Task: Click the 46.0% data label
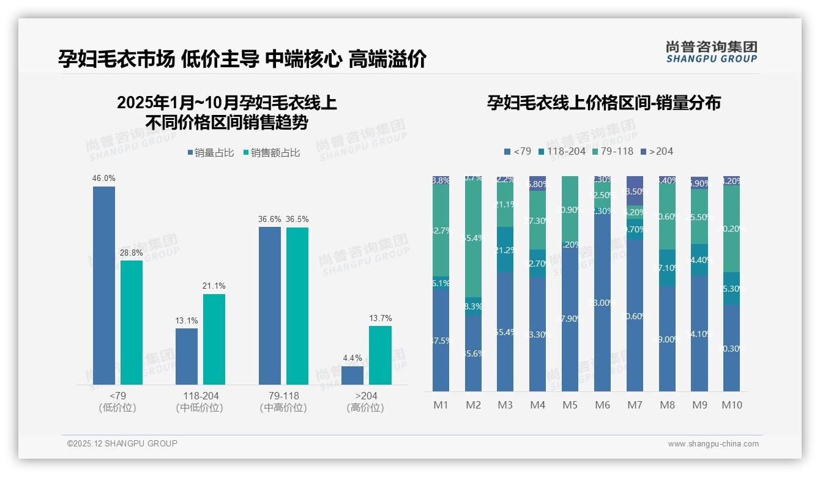104,178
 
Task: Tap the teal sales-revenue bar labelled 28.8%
132,322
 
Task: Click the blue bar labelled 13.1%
187,357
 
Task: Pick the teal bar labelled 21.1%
214,339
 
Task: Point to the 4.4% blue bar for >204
352,375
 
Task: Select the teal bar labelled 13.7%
380,355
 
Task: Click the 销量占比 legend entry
211,153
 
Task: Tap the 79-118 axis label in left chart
283,396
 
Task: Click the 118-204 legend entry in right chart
561,151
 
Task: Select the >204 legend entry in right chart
657,151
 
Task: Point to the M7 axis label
635,405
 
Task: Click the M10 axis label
732,405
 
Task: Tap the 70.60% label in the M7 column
635,316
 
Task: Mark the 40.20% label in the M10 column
732,229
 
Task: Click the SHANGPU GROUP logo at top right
711,51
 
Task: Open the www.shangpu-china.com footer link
713,444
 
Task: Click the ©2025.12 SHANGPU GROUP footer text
122,443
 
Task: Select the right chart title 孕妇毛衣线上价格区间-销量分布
603,103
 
